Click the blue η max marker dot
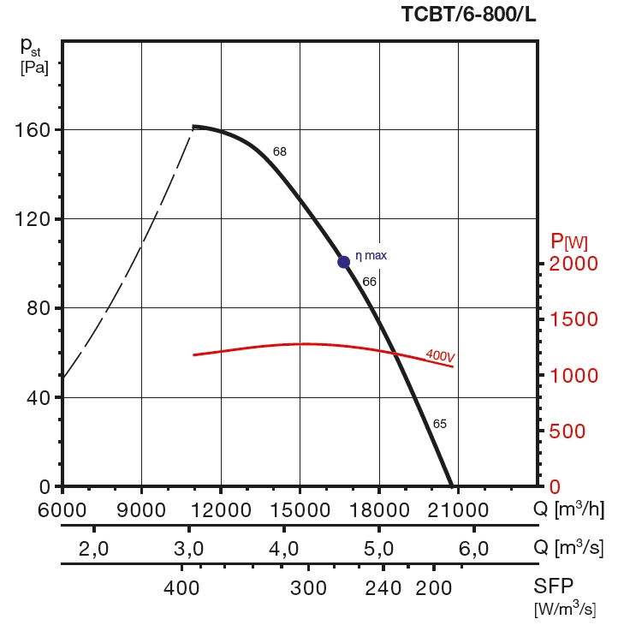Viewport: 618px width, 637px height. pyautogui.click(x=343, y=262)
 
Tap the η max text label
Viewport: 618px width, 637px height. pyautogui.click(x=371, y=255)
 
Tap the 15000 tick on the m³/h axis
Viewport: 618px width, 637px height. pyautogui.click(x=300, y=509)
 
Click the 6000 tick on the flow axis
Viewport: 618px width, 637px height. pyautogui.click(x=62, y=509)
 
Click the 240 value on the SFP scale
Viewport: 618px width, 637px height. pyautogui.click(x=383, y=588)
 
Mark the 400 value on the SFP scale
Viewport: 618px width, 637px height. pyautogui.click(x=181, y=588)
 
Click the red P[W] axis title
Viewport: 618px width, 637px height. pyautogui.click(x=569, y=241)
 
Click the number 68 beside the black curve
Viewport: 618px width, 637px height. pyautogui.click(x=280, y=152)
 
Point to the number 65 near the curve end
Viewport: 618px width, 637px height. pyautogui.click(x=440, y=424)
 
